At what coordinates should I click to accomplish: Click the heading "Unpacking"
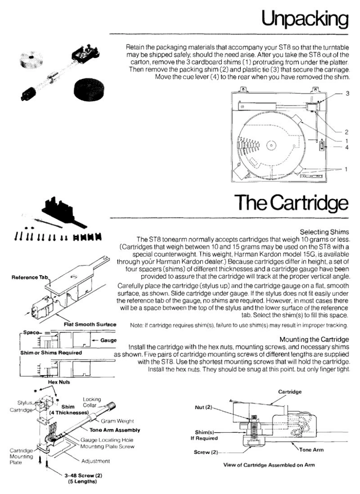pos(305,19)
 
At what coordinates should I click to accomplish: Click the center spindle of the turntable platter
pos(272,145)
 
